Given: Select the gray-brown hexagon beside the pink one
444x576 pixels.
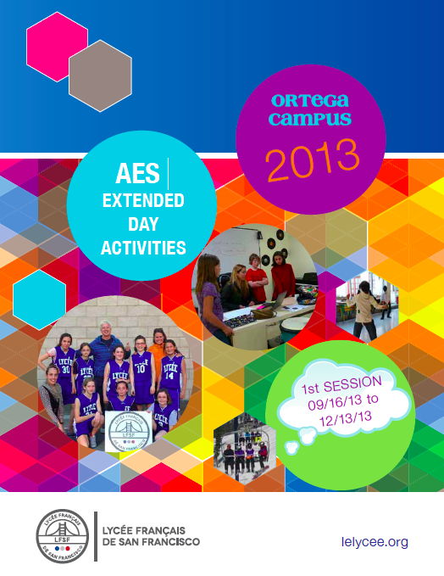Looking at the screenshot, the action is pos(100,75).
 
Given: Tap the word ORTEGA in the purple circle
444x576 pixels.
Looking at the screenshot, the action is pos(310,101).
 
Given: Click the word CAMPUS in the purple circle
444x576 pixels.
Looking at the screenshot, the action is pos(310,119).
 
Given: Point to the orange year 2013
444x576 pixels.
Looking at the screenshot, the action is pos(313,160).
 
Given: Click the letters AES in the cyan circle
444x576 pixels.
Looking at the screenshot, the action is pos(138,173).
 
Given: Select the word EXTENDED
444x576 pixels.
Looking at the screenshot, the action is pos(143,200).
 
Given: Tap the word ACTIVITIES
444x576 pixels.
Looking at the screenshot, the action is pos(143,248).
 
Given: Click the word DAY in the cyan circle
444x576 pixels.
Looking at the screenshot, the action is pos(143,224).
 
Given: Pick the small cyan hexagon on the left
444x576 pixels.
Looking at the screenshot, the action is pos(39,299).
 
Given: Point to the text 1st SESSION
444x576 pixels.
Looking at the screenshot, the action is pos(341,385).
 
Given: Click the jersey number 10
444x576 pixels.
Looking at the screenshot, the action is pos(141,368).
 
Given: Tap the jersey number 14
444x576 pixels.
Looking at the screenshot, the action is pos(169,376).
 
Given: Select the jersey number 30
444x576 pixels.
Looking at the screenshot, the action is pos(66,369).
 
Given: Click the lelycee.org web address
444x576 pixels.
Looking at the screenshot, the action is pos(375,542).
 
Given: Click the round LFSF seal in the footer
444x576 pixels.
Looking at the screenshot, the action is pos(63,536).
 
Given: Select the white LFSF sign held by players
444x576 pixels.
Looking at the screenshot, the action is pos(129,431).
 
